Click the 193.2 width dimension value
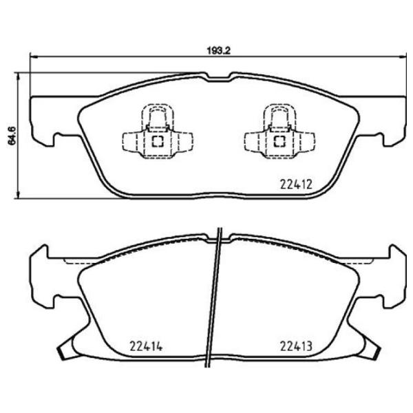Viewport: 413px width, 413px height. tap(218, 50)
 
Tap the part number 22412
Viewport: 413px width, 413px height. tap(297, 184)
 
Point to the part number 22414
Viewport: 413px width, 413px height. tap(146, 346)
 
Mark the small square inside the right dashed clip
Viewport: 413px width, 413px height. tap(280, 142)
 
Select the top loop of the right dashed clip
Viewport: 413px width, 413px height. tap(280, 113)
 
